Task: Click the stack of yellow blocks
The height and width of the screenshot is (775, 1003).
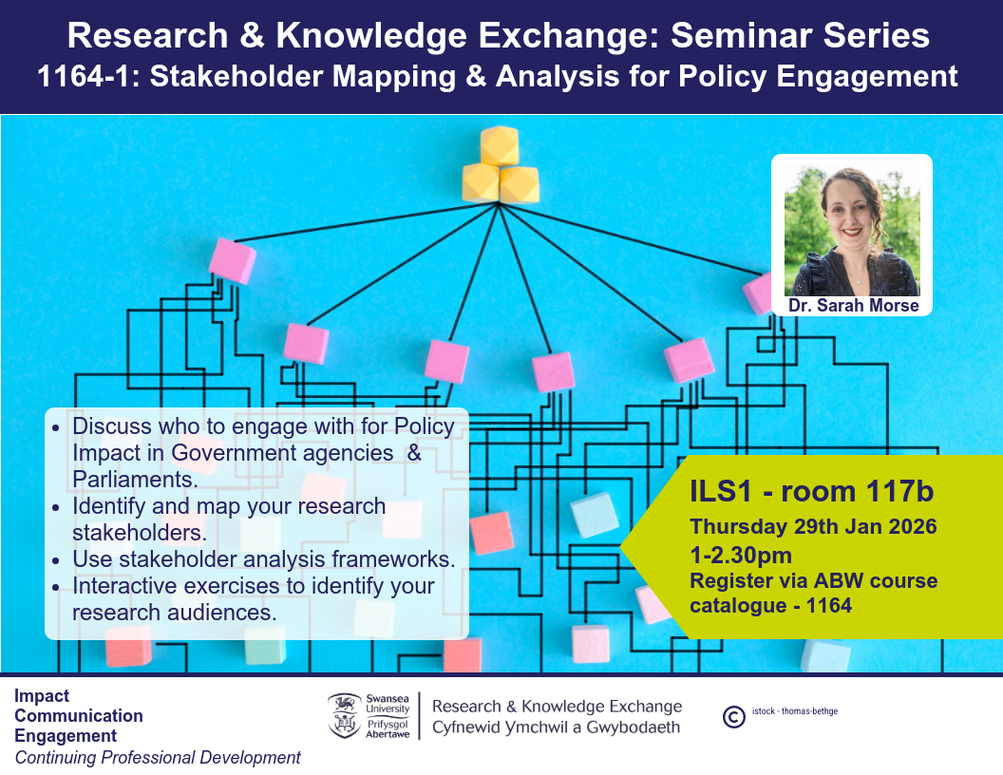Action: pos(500,164)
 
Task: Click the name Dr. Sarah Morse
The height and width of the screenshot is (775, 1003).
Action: pos(853,306)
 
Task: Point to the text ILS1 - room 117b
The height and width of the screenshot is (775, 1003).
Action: pos(812,491)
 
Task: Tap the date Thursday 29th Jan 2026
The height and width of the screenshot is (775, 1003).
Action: pos(813,526)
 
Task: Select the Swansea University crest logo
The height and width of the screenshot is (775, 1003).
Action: pos(344,716)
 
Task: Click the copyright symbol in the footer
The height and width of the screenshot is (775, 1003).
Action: pos(733,717)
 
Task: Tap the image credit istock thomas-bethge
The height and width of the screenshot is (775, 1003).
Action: pos(794,711)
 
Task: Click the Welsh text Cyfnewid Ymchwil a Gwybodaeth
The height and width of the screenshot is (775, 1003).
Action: pos(556,728)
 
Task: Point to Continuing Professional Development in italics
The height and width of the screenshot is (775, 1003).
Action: pos(158,758)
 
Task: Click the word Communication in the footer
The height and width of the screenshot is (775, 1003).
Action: pos(79,715)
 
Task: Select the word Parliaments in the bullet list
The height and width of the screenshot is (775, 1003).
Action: pos(135,479)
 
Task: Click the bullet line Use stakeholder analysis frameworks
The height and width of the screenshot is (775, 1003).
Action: pos(263,558)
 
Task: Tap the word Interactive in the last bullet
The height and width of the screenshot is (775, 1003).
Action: pos(123,586)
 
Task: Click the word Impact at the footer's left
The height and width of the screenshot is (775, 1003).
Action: pos(42,696)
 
